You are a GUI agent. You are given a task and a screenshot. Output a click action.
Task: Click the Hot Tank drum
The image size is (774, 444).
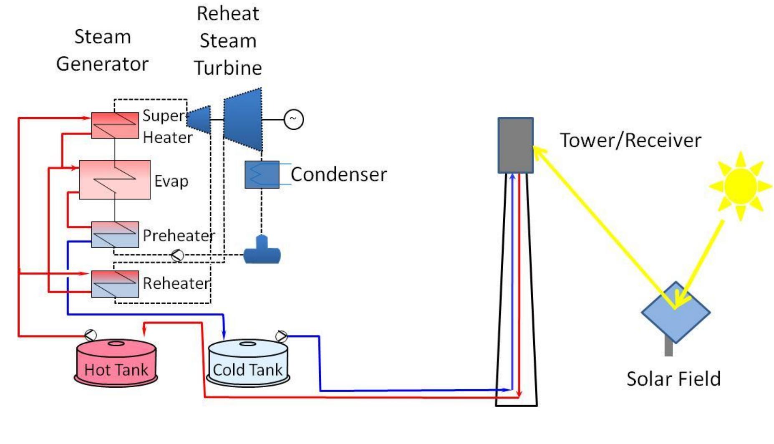click(x=116, y=363)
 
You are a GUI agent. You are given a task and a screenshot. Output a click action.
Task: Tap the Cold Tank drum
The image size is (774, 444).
click(x=248, y=363)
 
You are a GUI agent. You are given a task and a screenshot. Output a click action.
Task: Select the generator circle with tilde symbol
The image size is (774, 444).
click(x=293, y=120)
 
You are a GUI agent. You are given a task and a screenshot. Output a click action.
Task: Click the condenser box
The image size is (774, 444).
click(x=262, y=174)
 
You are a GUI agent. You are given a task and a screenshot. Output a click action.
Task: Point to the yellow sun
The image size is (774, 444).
click(x=740, y=186)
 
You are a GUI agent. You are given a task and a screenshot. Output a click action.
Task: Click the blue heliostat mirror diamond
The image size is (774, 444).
click(x=675, y=313)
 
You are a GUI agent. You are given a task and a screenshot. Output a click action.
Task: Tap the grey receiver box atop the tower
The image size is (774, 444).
click(x=515, y=145)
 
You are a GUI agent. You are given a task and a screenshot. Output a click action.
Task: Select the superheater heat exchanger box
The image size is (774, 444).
click(x=115, y=125)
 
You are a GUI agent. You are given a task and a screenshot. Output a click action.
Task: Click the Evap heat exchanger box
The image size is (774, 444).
click(x=115, y=179)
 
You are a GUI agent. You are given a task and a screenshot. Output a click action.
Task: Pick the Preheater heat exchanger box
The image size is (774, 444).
click(x=115, y=235)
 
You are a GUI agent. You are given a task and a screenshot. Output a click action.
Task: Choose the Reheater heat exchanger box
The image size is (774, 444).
click(x=115, y=284)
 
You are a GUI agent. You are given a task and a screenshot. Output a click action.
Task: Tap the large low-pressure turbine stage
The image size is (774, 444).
click(x=243, y=120)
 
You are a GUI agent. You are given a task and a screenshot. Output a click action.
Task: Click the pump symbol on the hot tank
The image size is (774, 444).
click(x=91, y=335)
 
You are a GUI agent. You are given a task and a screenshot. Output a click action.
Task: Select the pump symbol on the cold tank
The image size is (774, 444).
click(x=282, y=336)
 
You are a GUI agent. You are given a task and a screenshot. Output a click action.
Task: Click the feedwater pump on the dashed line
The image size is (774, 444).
click(x=177, y=255)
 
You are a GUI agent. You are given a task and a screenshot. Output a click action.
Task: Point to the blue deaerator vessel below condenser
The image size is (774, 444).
click(x=262, y=252)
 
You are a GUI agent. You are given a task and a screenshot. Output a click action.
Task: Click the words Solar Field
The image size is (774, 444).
click(x=673, y=379)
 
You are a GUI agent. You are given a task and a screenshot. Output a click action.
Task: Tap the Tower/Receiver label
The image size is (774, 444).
click(x=630, y=140)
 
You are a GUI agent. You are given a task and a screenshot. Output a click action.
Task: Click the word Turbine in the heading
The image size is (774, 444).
click(x=228, y=68)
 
